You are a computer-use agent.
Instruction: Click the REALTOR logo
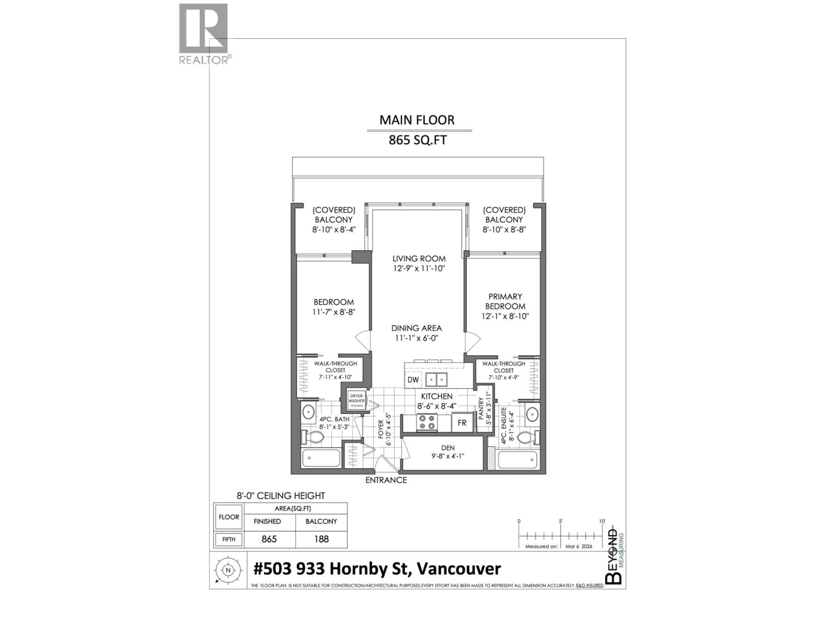(203, 33)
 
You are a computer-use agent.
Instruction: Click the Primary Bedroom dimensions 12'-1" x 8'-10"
(505, 316)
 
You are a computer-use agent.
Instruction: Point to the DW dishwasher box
(413, 380)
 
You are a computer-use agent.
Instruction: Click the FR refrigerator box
(462, 423)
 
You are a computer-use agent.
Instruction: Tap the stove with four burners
(427, 423)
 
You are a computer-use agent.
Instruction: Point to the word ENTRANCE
(386, 480)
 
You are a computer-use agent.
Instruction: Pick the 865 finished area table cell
(269, 539)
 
